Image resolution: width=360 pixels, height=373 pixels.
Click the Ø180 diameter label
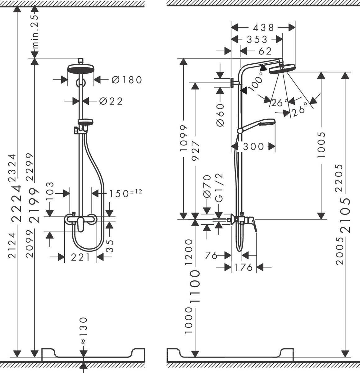tap(127, 80)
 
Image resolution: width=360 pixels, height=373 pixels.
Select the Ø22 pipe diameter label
tap(111, 101)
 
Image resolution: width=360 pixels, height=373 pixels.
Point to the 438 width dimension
tap(264, 28)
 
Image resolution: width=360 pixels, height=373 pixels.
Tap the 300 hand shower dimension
tap(253, 146)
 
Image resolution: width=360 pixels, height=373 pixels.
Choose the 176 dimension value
tap(244, 267)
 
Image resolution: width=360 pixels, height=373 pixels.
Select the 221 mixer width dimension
tap(80, 257)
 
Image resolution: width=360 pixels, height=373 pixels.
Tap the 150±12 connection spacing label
tap(125, 193)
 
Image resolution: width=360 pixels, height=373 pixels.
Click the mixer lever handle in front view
tap(80, 224)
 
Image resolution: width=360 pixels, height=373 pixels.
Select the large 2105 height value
tap(345, 215)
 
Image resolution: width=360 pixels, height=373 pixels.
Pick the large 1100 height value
tap(195, 287)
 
